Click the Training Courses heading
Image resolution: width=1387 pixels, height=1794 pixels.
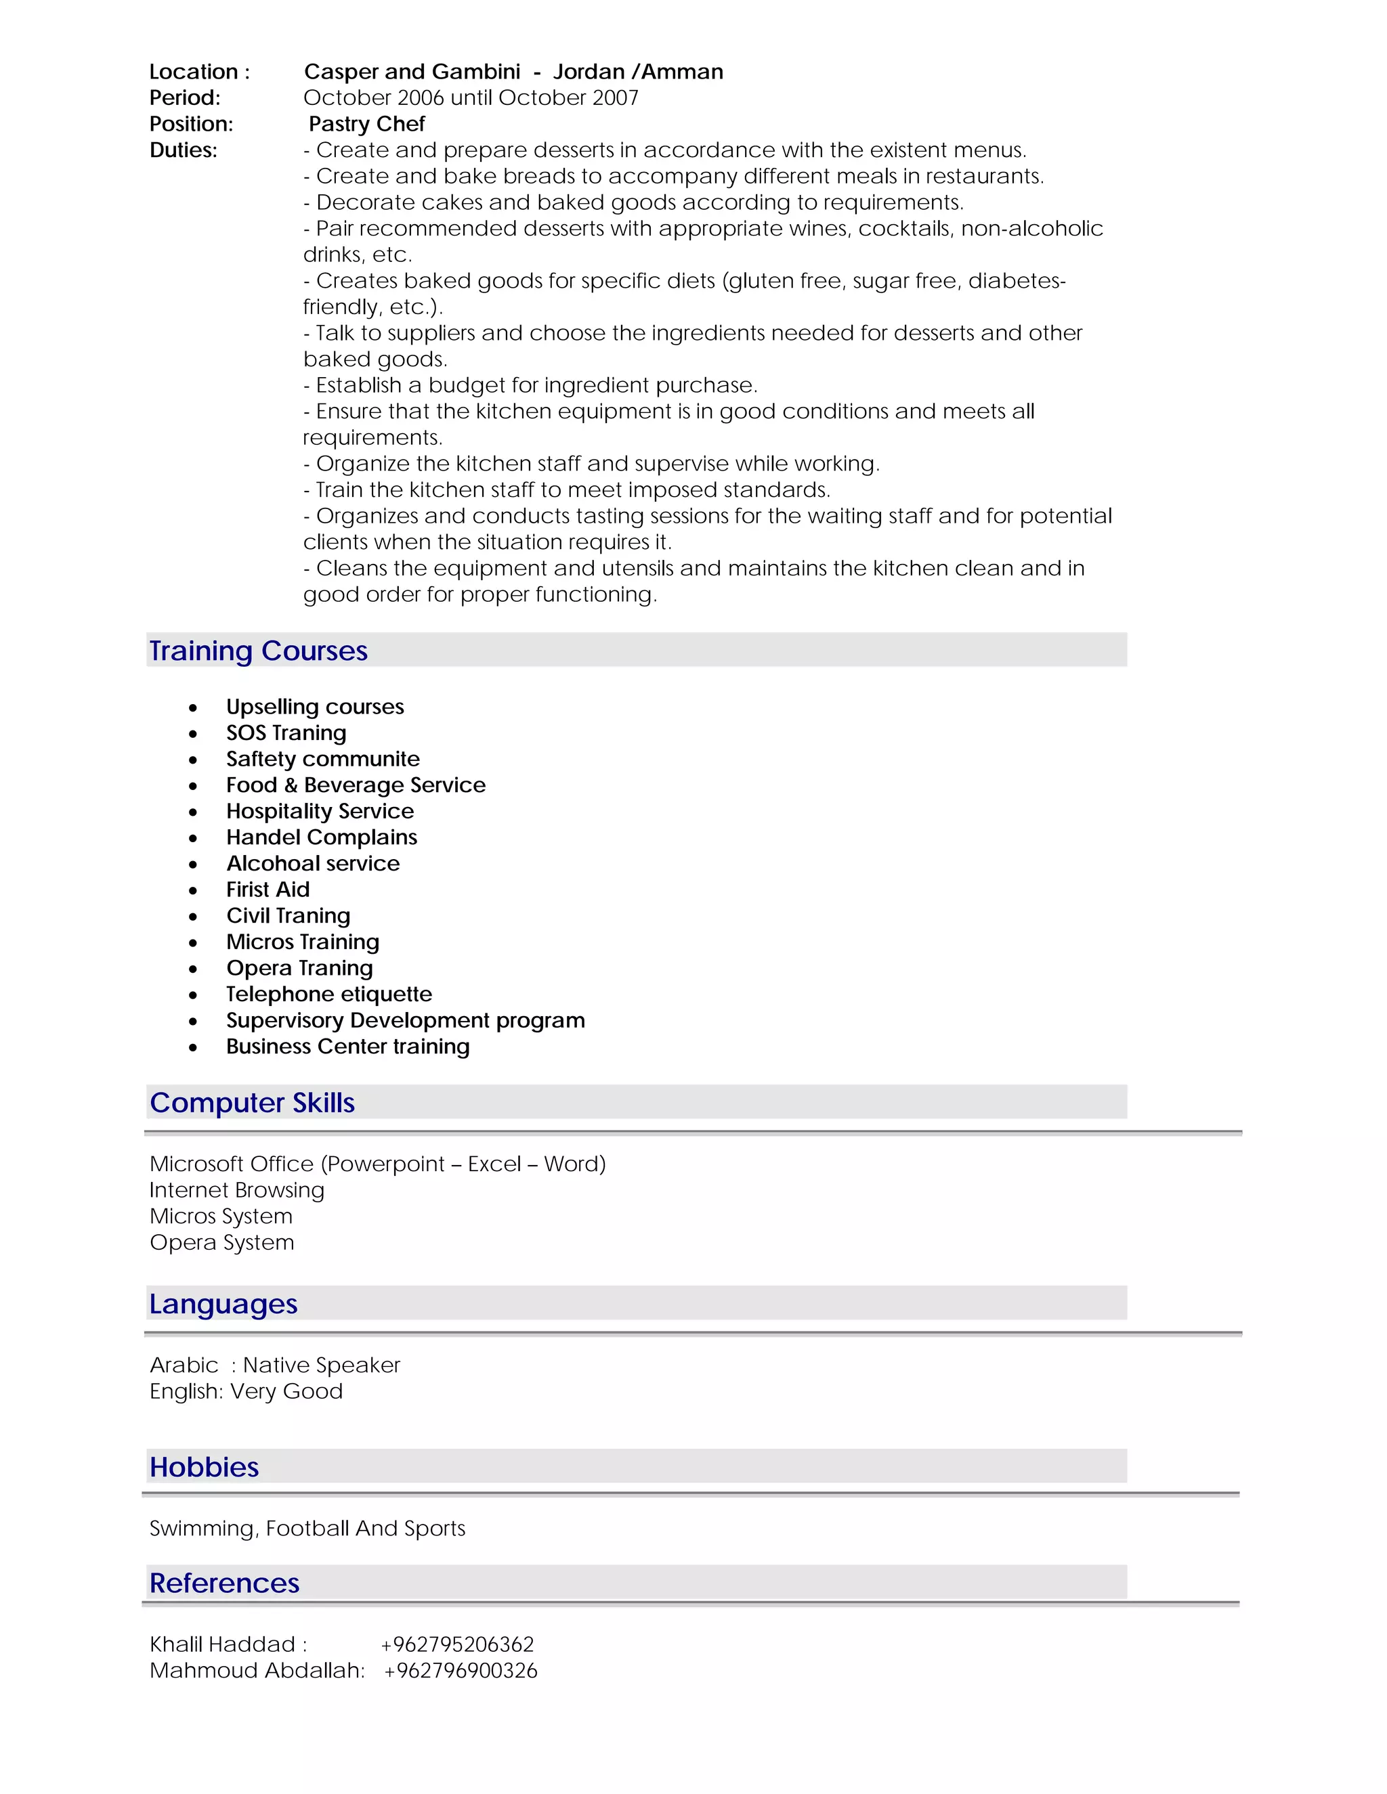258,651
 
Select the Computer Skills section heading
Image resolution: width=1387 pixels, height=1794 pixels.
251,1102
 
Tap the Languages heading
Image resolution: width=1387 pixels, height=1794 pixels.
223,1304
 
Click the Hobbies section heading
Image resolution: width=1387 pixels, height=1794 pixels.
204,1467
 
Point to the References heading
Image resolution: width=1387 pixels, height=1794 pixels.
224,1583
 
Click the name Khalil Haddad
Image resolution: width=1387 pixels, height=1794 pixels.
222,1644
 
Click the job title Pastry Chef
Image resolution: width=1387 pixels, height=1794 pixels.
366,124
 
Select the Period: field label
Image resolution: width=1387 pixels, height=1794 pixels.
185,97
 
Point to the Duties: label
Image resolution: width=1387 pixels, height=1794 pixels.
184,150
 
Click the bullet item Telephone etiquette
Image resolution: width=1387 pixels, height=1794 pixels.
328,994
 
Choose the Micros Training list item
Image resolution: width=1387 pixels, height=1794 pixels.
302,942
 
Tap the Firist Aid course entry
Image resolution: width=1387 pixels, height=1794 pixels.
268,890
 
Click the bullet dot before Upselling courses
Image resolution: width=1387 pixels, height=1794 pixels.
193,708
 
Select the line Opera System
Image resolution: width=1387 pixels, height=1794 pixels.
222,1243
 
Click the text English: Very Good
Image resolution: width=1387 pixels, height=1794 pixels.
246,1391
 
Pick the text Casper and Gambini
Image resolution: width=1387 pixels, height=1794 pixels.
412,72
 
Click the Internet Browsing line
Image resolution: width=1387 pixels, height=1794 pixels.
236,1190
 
